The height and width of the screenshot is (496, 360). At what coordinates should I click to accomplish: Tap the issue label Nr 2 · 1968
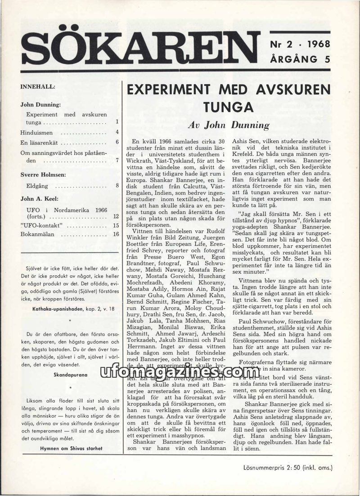click(300, 44)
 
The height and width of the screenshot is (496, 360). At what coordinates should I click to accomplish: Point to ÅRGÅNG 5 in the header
click(300, 59)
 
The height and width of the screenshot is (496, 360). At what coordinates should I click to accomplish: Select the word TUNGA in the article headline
click(228, 108)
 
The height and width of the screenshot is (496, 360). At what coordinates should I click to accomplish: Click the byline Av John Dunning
click(228, 125)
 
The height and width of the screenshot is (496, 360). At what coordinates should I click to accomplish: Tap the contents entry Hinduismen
click(36, 133)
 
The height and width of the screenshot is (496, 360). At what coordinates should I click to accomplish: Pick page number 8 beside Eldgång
click(117, 185)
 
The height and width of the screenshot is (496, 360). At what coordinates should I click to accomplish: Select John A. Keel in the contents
click(40, 197)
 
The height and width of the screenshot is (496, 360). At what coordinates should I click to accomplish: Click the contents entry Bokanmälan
click(38, 234)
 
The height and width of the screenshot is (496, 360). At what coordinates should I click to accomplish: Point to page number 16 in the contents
click(116, 234)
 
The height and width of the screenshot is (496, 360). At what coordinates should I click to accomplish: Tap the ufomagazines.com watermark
click(180, 372)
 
